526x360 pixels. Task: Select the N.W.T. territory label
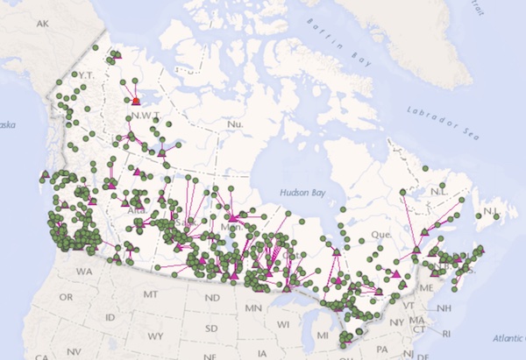coord(146,115)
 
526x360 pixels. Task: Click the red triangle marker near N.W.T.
coord(136,102)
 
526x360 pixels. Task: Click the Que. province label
coord(380,235)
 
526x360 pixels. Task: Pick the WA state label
coord(84,272)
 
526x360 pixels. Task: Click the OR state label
coord(67,298)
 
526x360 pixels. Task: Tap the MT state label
coord(151,293)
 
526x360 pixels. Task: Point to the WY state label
coord(157,335)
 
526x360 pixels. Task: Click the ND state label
coord(210,299)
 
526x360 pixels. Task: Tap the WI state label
coord(282,324)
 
